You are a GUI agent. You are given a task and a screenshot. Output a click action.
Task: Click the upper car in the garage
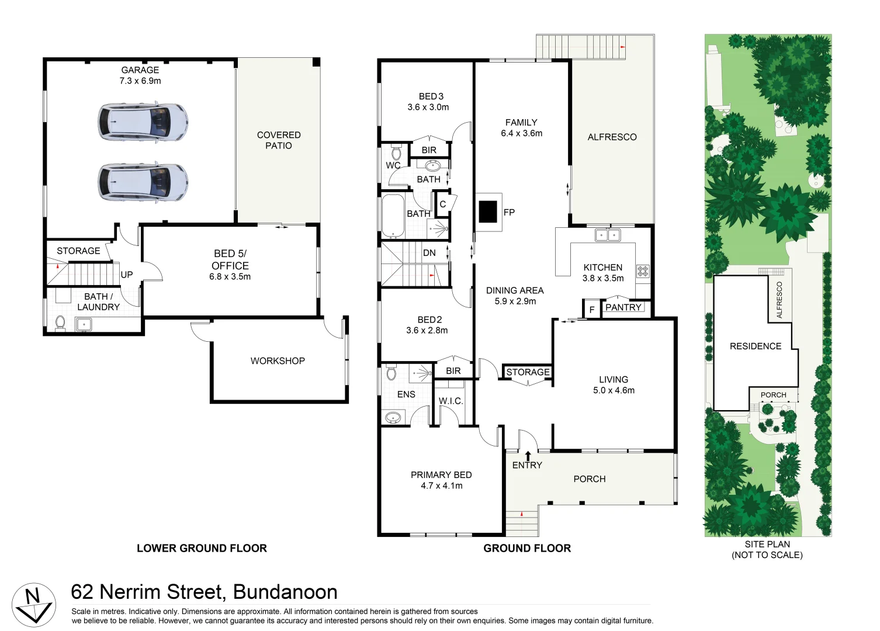point(143,122)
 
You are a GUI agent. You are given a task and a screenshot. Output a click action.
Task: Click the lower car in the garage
point(143,182)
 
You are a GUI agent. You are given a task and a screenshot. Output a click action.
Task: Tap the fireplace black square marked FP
point(487,212)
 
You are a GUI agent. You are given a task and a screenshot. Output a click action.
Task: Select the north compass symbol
point(34,604)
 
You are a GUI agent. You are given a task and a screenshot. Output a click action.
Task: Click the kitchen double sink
point(608,235)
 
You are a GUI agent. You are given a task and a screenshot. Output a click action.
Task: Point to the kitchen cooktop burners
point(643,271)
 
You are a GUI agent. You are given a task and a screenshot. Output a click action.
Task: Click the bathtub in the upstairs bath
point(393,216)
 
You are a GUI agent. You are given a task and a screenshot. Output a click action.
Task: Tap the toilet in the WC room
point(397,154)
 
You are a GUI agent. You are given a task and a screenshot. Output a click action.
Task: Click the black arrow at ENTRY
point(528,456)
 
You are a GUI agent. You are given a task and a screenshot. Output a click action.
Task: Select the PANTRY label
point(623,307)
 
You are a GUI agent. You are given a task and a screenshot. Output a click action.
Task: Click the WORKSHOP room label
point(278,361)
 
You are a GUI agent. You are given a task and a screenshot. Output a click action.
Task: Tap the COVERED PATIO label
point(279,140)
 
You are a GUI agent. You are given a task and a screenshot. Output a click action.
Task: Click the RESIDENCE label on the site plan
point(755,346)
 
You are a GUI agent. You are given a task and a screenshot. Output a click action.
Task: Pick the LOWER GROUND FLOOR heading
point(202,548)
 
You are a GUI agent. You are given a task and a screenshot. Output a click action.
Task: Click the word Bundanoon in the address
point(285,592)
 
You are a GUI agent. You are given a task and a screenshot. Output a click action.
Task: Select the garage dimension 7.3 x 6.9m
point(140,81)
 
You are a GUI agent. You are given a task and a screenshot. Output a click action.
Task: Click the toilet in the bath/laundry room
point(60,323)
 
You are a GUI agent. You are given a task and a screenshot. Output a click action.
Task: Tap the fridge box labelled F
point(591,310)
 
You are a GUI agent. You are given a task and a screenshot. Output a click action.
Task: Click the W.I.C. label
point(451,401)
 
